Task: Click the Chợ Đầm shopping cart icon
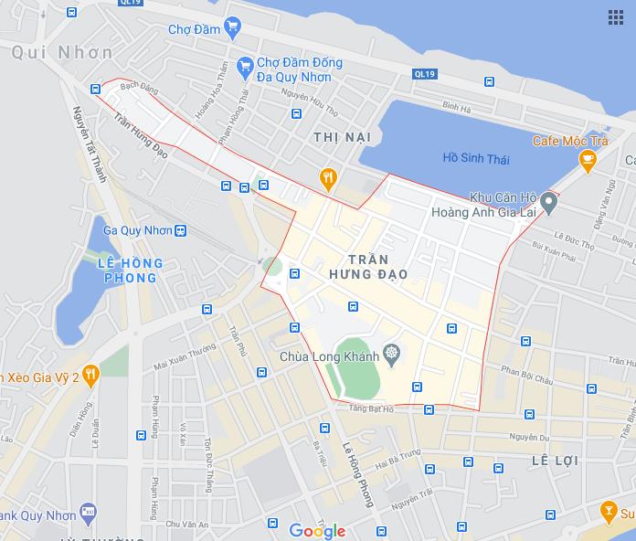(x=232, y=27)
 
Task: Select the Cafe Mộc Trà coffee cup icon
(x=588, y=161)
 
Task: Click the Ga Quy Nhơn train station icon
(x=181, y=230)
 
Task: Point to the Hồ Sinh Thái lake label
(x=476, y=158)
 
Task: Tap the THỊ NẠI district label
(x=342, y=136)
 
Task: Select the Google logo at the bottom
(x=317, y=531)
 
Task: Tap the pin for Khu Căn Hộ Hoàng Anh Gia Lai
(x=547, y=202)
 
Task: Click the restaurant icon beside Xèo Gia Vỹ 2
(x=90, y=374)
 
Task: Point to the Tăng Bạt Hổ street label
(x=370, y=410)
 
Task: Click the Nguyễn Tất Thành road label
(x=90, y=144)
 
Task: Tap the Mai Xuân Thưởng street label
(x=185, y=355)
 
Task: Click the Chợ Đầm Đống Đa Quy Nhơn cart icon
(x=244, y=66)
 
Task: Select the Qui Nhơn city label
(x=62, y=52)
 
